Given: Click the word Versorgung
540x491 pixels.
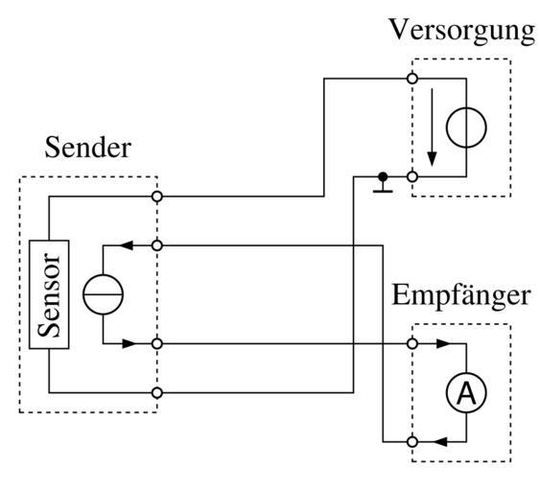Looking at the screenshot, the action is tap(461, 32).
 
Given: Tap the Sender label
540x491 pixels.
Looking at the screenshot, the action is tap(88, 148).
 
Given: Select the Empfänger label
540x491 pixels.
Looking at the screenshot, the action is tap(460, 296).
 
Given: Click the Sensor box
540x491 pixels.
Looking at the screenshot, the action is tap(49, 294).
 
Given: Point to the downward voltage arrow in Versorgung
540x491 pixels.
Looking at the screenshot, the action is tap(432, 128).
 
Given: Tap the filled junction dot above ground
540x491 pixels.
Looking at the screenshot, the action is tap(383, 177).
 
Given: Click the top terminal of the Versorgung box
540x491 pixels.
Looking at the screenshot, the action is tap(412, 79).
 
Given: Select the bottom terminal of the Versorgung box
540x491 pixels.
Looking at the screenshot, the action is tap(412, 177).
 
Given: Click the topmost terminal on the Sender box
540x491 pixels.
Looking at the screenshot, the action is tap(157, 197).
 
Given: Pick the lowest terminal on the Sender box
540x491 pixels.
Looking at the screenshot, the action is tap(157, 393).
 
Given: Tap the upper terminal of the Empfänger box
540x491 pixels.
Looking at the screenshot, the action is tap(412, 343).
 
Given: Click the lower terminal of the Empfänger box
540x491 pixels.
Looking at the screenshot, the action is tap(412, 442).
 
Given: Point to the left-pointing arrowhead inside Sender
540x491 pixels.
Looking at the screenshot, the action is tap(126, 245).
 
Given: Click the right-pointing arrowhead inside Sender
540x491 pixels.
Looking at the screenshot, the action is tap(129, 343).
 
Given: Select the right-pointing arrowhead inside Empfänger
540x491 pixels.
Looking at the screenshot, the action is tap(443, 343).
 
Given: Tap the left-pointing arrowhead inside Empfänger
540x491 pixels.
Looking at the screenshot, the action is tap(440, 442).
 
